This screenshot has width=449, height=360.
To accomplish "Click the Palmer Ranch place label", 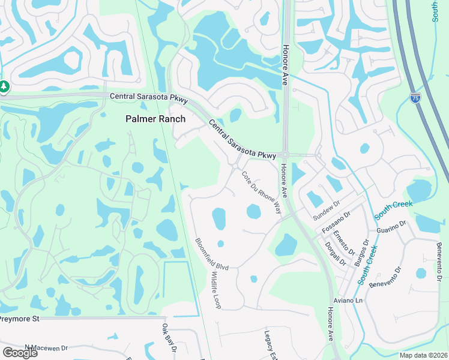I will pos(155,119).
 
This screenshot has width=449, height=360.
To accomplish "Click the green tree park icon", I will pos(4,87).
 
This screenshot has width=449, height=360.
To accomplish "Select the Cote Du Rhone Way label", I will pos(262,193).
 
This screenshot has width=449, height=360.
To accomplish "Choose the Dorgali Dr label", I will pos(335,253).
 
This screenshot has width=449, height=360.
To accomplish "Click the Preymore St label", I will pos(19,319).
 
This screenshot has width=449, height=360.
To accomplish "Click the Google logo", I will pos(19,352).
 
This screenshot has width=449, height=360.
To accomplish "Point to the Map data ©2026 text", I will pos(423,355).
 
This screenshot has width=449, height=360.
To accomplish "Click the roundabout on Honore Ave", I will pos(285,155).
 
